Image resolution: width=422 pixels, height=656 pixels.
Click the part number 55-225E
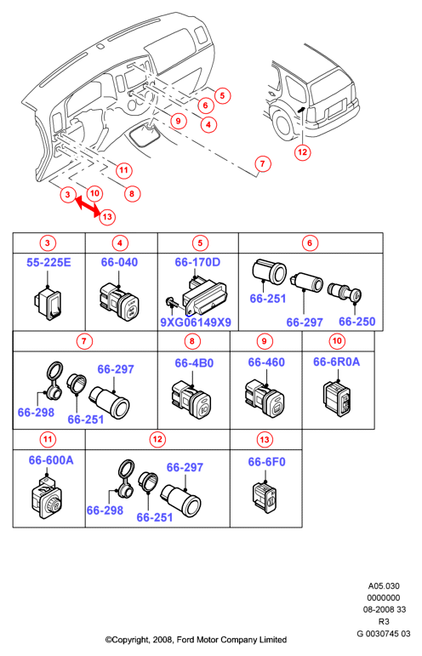coord(48,262)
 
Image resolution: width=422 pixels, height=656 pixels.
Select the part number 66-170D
coord(197,262)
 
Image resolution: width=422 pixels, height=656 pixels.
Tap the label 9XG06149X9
coord(196,322)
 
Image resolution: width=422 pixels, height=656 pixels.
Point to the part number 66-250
coord(356,322)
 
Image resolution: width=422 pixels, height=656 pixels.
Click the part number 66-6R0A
coord(337,362)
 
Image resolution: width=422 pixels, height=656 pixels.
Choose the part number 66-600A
coord(51,460)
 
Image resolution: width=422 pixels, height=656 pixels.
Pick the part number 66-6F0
coord(266,462)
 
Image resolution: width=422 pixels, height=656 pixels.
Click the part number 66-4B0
coord(194,362)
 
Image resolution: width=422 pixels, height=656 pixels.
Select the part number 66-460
coord(266,362)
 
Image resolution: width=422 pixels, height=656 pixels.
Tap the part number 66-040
coord(119,262)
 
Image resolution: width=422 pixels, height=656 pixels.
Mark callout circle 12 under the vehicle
coord(302,152)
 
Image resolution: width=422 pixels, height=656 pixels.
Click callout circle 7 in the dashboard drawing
coord(263,163)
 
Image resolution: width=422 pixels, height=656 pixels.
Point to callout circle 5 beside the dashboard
coord(223,96)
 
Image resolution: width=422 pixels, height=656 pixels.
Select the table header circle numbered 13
coord(265,440)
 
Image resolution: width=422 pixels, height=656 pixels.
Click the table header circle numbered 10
coord(337,341)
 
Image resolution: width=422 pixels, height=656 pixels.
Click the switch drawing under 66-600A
coord(48,498)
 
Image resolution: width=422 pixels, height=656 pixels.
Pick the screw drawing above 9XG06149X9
coord(171,302)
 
